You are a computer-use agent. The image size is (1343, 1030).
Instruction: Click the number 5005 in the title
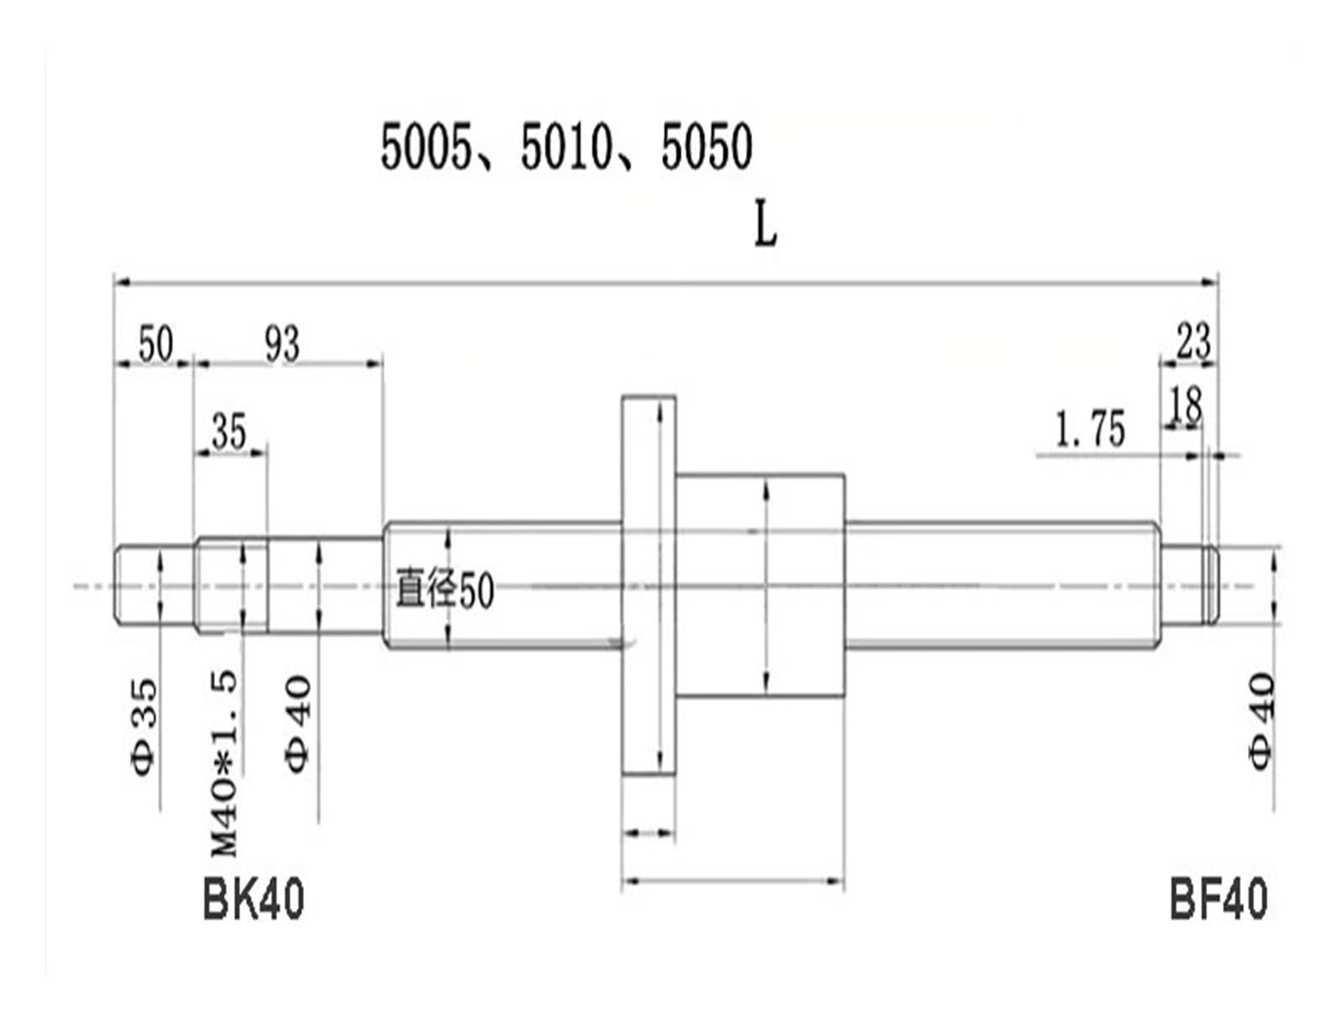point(426,146)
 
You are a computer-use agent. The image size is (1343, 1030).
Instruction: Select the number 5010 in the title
point(567,146)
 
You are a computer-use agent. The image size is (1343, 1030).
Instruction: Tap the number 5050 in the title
point(707,146)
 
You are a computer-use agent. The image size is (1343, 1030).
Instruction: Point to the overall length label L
point(766,227)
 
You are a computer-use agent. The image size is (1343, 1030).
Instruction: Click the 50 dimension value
point(156,344)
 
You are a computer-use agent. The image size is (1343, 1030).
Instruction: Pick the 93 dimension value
point(282,344)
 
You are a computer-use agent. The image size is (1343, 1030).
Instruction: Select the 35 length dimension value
point(229,431)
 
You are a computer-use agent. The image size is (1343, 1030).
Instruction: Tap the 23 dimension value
point(1194,341)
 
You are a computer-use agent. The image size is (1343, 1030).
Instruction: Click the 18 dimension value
point(1186,405)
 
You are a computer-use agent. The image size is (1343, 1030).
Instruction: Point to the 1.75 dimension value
point(1090,430)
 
